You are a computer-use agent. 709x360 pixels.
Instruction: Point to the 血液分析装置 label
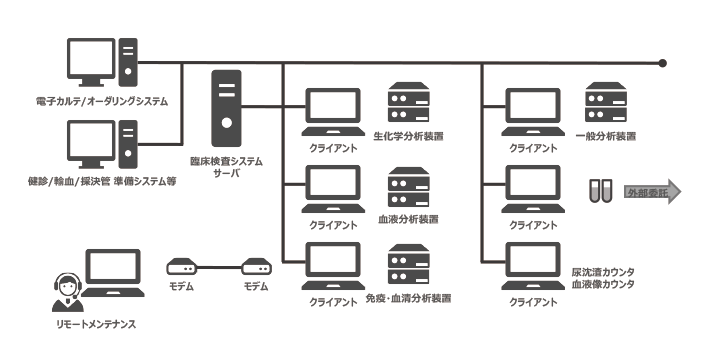pyautogui.click(x=407, y=219)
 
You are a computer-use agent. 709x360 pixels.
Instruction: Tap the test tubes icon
pyautogui.click(x=600, y=191)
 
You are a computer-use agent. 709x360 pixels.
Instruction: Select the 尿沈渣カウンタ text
pyautogui.click(x=604, y=272)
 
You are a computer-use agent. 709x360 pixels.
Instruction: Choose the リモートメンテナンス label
pyautogui.click(x=96, y=325)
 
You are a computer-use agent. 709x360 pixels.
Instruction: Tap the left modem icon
pyautogui.click(x=183, y=268)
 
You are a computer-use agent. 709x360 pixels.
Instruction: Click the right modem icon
pyautogui.click(x=257, y=268)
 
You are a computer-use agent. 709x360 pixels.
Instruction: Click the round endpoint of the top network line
pyautogui.click(x=663, y=63)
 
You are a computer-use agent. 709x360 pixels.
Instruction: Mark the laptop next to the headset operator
pyautogui.click(x=112, y=275)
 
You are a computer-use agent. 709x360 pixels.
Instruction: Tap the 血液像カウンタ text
pyautogui.click(x=604, y=284)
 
